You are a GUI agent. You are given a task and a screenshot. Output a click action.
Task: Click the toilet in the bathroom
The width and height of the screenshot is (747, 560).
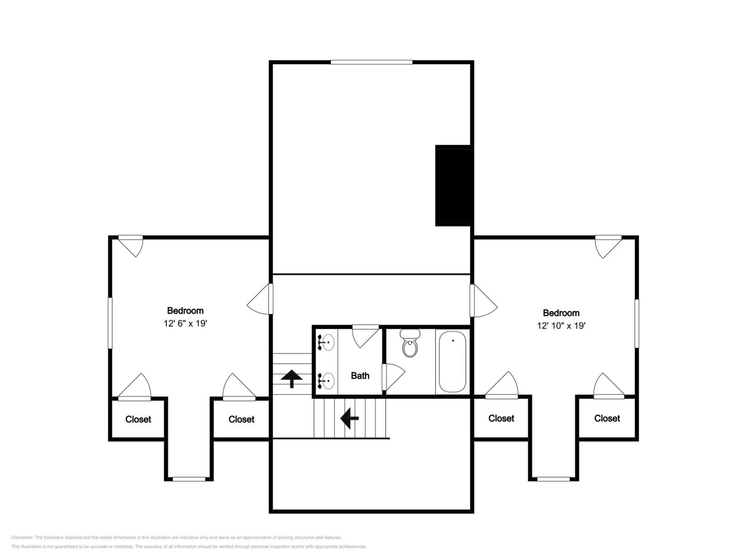pos(410,343)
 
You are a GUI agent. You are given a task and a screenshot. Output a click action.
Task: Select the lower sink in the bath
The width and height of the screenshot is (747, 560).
pos(326,381)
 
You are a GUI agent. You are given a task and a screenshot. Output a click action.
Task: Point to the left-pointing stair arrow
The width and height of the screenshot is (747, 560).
pos(349,418)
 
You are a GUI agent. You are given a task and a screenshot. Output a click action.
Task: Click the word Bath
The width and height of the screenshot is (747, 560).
pos(360,376)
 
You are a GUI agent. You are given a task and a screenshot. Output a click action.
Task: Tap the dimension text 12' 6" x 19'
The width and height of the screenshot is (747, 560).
pos(186,323)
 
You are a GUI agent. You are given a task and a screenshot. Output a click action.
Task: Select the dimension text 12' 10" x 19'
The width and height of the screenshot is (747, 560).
pos(561,326)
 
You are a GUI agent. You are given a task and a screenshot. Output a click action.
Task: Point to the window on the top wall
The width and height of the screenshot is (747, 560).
pos(372,62)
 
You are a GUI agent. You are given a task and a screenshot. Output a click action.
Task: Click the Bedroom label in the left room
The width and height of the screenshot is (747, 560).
pos(186,311)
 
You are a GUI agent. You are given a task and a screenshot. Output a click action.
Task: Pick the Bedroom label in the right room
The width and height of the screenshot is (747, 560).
pos(561,313)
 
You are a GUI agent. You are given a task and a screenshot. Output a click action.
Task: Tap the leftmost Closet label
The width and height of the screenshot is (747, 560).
pos(138,419)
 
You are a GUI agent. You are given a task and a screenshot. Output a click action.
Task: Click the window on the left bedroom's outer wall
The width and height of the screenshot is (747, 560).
pos(110,323)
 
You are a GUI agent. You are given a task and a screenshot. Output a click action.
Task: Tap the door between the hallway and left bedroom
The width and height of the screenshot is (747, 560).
pos(260,299)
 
